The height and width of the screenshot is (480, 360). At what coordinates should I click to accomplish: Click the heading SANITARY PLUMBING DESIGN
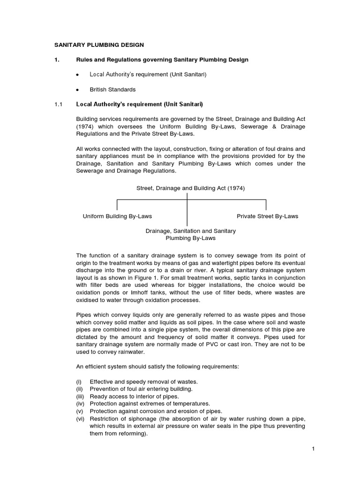click(100, 45)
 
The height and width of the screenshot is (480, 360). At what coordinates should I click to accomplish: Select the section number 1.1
click(58, 104)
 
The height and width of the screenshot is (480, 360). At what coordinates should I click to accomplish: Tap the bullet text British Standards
click(112, 89)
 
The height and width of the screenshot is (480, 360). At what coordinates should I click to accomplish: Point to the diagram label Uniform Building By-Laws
click(117, 216)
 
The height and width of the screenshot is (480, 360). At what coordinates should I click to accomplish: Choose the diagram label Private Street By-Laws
click(267, 216)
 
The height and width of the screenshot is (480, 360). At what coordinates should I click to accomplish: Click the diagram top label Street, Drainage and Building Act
click(190, 188)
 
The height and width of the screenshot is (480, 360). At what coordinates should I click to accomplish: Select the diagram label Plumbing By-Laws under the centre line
click(190, 238)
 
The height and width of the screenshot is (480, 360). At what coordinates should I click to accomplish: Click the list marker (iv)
click(80, 404)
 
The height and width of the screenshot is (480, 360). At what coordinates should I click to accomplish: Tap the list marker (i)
click(79, 381)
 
